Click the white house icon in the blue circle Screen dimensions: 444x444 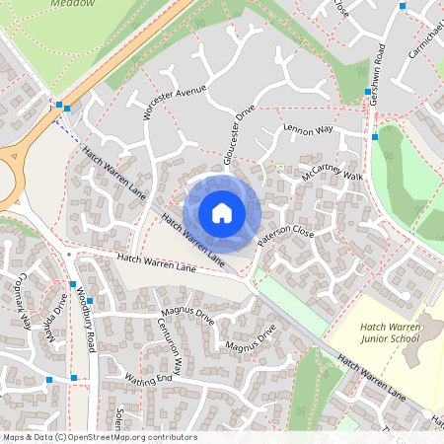click(222, 213)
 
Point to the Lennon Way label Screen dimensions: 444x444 click(309, 129)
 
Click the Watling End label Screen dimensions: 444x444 click(148, 380)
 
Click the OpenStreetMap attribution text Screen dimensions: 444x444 click(99, 437)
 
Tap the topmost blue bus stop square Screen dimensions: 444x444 click(402, 7)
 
